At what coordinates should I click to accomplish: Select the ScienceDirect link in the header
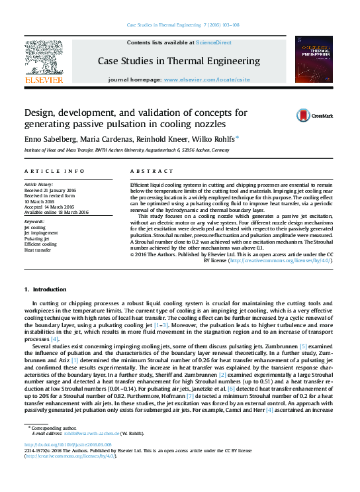[x=214, y=42]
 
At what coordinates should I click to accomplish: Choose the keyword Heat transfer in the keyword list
[x=38, y=250]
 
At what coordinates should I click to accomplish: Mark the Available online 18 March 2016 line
[x=56, y=213]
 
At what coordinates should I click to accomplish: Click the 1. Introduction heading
[x=45, y=290]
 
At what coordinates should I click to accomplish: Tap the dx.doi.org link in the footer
[x=66, y=445]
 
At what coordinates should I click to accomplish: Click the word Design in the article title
[x=41, y=113]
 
